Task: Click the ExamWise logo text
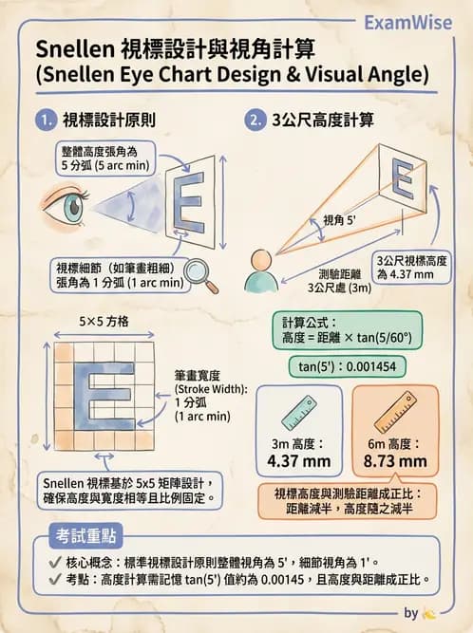coord(414,22)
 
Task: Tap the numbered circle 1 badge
coord(44,121)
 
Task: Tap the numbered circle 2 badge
coord(254,121)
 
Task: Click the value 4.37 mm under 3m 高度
coord(298,462)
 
